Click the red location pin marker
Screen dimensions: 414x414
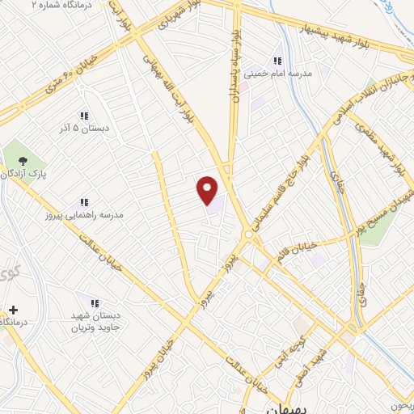(208, 190)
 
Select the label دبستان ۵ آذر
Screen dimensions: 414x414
(85, 129)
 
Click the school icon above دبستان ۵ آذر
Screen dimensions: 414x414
(84, 116)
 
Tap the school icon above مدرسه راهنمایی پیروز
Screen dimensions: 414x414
(84, 202)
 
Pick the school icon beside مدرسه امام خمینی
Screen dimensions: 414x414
(277, 61)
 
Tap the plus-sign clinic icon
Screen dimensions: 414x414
(13, 310)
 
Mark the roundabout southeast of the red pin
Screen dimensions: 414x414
(247, 235)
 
